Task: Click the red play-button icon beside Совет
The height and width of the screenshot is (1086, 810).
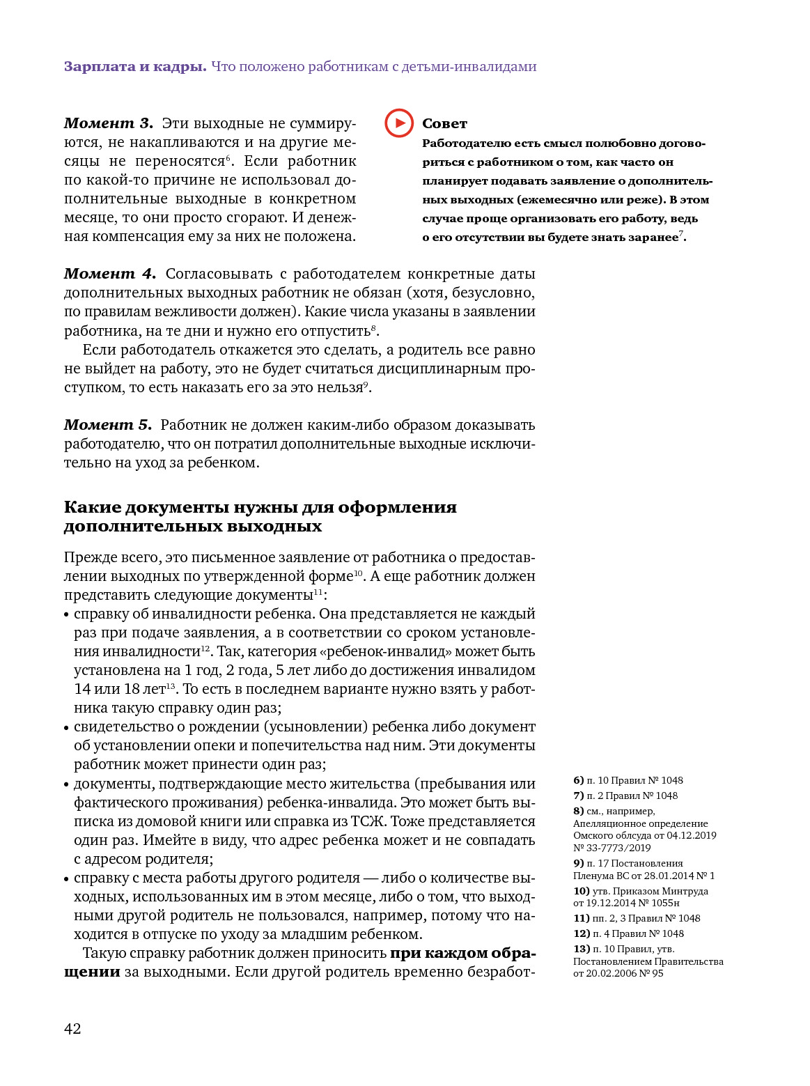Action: pos(399,123)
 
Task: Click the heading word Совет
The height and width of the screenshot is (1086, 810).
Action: pos(444,124)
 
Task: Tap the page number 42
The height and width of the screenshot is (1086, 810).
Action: pos(72,1029)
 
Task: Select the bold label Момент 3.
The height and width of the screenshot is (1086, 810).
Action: pos(108,123)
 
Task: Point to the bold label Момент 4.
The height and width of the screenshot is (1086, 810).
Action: pos(109,274)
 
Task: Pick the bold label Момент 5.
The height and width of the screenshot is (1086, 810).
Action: pos(107,425)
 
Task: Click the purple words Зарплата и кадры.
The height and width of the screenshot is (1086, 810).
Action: pos(135,67)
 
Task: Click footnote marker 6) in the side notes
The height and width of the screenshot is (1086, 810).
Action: pos(578,780)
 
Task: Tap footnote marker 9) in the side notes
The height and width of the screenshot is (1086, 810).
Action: pos(578,863)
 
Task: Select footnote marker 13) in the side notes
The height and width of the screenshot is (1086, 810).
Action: pos(582,949)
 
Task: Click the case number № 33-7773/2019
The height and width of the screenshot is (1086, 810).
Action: pos(612,848)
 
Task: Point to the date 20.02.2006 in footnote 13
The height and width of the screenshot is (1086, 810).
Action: pos(613,973)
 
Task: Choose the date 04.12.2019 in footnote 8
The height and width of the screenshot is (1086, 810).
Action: pos(692,835)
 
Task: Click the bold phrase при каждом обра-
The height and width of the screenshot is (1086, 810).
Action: pos(462,953)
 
